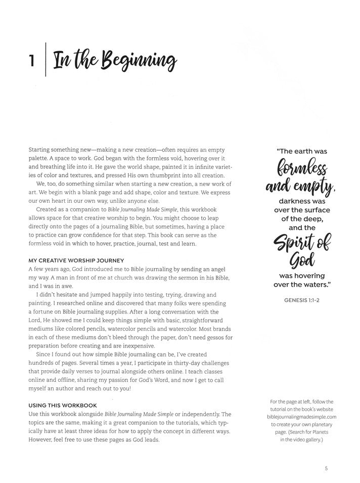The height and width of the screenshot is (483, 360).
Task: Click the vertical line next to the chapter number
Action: [x=46, y=60]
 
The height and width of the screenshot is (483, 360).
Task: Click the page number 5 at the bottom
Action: [x=327, y=468]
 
